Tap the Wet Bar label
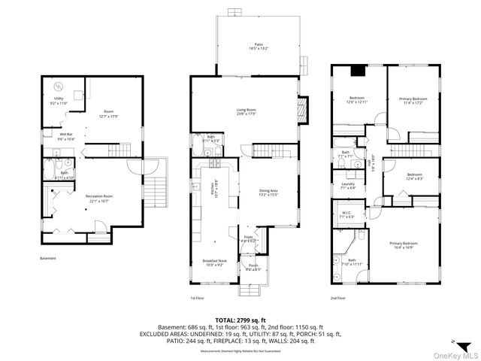click(x=45, y=137)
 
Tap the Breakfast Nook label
click(x=214, y=262)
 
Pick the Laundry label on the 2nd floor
click(x=347, y=186)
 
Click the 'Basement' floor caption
click(x=48, y=258)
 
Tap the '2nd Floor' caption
click(x=337, y=298)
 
